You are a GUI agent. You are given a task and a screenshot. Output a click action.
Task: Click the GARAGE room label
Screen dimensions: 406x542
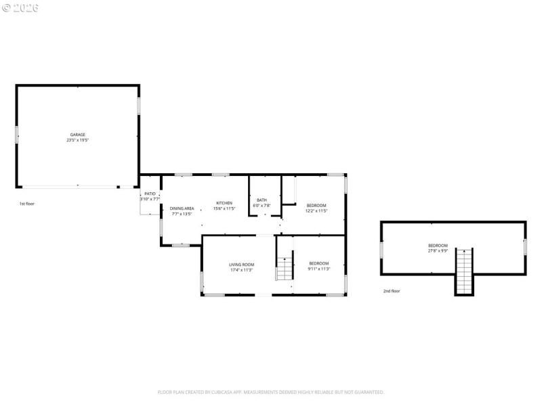pos(78,135)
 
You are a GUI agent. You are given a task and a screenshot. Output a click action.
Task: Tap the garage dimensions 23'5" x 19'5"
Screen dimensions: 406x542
pos(78,140)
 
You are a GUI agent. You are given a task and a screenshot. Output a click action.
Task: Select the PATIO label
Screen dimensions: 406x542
pos(150,194)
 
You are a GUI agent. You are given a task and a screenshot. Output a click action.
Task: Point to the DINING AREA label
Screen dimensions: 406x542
pos(182,208)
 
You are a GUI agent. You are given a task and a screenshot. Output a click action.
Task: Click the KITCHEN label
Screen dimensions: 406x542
pos(224,203)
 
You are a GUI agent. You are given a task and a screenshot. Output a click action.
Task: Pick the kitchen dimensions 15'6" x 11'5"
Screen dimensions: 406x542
pos(224,208)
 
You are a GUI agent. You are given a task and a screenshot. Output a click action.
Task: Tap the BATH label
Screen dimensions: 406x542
pos(262,200)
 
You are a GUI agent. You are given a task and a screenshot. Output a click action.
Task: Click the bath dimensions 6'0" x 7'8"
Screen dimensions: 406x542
pos(262,205)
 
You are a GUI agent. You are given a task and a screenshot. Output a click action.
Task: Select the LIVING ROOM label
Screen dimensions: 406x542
pos(241,265)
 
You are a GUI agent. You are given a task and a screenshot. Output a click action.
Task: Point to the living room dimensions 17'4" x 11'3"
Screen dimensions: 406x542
pos(241,270)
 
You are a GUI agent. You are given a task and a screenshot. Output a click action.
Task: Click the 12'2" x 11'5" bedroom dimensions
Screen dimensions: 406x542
pos(316,210)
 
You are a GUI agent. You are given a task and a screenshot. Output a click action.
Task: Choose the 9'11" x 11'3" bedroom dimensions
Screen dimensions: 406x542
pos(319,269)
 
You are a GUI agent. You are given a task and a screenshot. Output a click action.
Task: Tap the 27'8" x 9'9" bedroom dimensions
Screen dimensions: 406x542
pos(438,250)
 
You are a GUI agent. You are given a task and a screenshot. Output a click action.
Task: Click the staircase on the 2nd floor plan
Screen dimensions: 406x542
pos(463,271)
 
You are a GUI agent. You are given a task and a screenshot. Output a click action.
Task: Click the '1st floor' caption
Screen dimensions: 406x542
pos(26,203)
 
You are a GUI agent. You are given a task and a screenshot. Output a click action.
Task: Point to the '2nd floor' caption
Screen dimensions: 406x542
pos(392,291)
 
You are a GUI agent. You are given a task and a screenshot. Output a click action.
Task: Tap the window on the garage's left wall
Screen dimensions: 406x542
pos(17,133)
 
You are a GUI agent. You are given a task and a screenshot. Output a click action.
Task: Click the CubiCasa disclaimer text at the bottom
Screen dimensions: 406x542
pos(271,392)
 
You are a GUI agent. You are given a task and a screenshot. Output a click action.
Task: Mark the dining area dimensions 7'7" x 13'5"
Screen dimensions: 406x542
pos(182,214)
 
